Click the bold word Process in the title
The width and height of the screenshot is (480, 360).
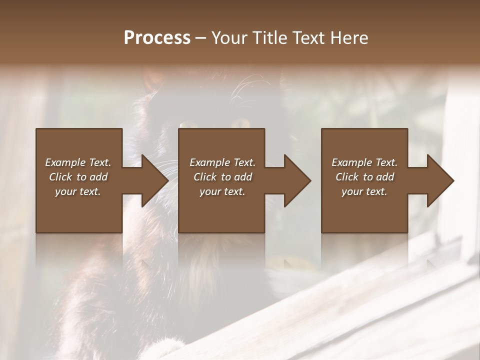(x=157, y=38)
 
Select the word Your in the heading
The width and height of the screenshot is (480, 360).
(x=228, y=38)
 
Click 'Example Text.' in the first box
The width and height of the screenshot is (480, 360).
(x=78, y=162)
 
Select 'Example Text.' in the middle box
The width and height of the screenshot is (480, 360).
(x=222, y=162)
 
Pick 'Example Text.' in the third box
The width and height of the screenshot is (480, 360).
(x=364, y=162)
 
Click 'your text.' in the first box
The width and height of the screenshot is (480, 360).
(x=78, y=191)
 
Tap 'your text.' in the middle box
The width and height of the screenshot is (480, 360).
(x=222, y=191)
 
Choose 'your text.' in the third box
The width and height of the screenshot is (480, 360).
(x=364, y=191)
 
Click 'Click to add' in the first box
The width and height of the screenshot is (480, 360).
(x=78, y=177)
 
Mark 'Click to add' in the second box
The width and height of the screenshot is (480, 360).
(x=222, y=177)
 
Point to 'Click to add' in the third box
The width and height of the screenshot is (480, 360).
(x=364, y=177)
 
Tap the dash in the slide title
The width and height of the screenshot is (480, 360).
(x=200, y=38)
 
